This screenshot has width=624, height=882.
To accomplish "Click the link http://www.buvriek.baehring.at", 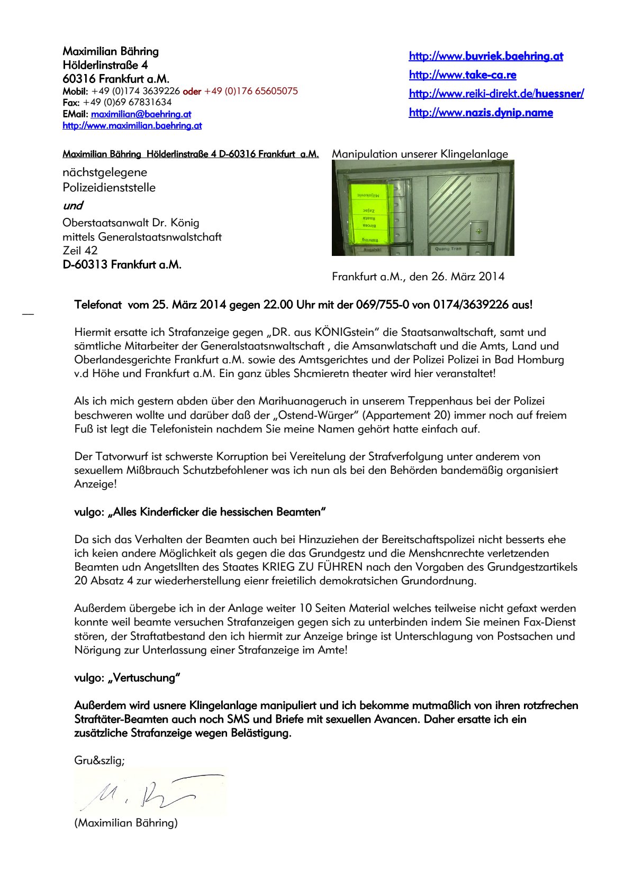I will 486,56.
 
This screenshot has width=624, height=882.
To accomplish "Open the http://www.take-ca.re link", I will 463,75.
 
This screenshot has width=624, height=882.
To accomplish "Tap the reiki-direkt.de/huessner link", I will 496,94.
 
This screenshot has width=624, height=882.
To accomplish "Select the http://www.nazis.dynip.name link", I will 481,113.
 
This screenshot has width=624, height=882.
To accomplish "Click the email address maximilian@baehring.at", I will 141,114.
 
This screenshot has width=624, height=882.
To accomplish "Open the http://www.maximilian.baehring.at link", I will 132,125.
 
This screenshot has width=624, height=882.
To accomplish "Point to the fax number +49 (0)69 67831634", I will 127,102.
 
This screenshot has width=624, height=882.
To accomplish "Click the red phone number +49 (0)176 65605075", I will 251,91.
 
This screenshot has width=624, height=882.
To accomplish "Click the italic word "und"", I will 73,205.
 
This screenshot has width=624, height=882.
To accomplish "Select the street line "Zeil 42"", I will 80,250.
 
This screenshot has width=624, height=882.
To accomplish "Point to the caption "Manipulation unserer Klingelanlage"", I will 420,154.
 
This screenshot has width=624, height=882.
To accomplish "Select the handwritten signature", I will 150,793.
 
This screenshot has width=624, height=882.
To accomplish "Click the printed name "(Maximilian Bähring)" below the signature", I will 126,823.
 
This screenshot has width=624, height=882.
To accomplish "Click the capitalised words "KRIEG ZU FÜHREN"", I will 312,567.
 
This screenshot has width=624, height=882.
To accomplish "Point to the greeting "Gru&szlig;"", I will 100,760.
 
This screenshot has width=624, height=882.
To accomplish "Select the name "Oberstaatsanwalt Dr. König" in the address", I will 131,223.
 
